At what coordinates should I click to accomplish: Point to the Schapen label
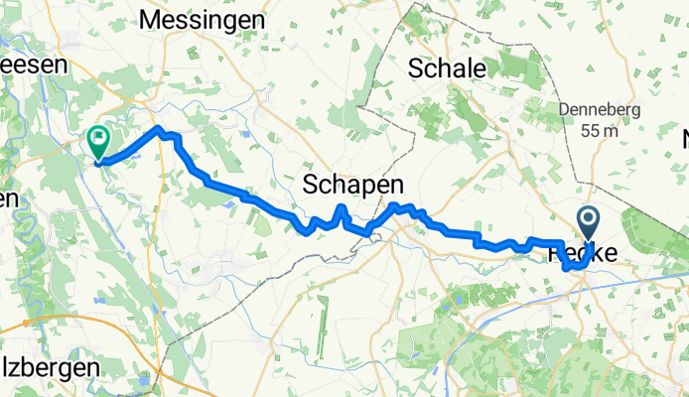(x=353, y=184)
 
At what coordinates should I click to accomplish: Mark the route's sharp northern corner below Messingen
(x=158, y=129)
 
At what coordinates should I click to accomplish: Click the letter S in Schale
(x=417, y=68)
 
